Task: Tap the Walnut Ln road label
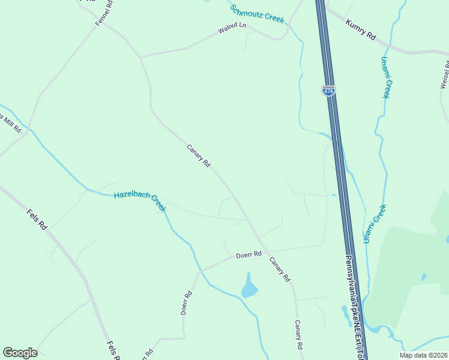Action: [x=232, y=28]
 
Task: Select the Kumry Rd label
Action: [x=360, y=29]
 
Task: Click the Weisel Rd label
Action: [x=445, y=75]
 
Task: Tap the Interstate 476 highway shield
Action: [x=328, y=91]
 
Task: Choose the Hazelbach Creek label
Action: [x=140, y=200]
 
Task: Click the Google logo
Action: [x=20, y=353]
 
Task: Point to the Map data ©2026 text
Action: [x=423, y=355]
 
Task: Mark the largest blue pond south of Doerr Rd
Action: [x=249, y=287]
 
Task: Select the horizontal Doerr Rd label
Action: [x=249, y=254]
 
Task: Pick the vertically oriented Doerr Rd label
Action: [x=187, y=303]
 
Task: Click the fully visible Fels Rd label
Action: [x=37, y=220]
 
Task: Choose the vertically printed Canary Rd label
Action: [x=298, y=335]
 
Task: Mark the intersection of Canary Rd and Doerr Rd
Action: [x=265, y=251]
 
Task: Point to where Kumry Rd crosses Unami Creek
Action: [x=390, y=46]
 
